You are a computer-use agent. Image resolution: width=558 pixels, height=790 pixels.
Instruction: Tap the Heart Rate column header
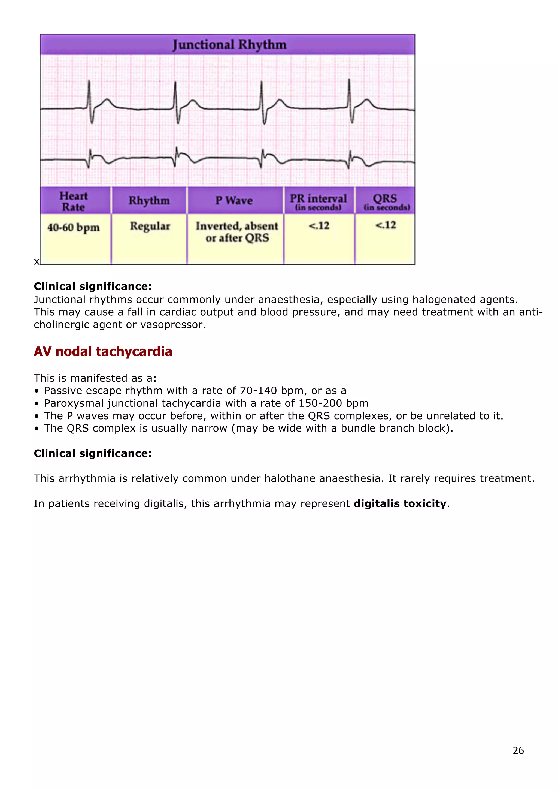73,201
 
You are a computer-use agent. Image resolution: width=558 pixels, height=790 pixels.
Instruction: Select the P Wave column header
234,201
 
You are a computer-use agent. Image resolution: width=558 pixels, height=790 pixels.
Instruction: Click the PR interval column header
318,201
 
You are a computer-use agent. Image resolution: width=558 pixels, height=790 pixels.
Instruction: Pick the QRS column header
386,201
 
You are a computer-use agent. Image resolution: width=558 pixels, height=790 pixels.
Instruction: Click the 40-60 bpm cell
74,227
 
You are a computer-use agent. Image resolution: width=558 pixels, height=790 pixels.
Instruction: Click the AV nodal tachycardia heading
103,352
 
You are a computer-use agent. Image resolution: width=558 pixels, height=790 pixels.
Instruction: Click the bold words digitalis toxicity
400,504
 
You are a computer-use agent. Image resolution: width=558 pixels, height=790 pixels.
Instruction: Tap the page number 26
518,750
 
